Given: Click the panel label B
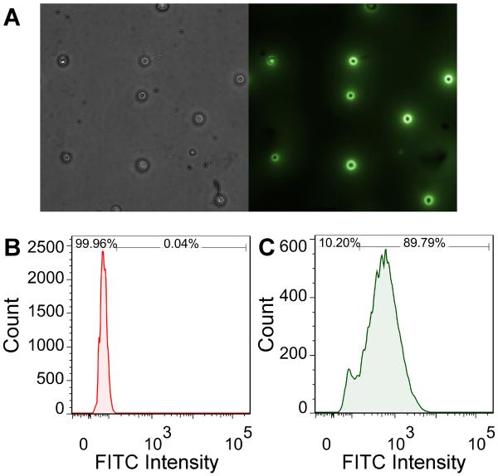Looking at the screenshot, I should (x=12, y=247).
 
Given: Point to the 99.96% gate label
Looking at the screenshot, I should (x=96, y=244).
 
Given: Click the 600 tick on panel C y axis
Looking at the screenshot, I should (x=296, y=247).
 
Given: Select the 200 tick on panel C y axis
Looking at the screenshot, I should (x=296, y=355).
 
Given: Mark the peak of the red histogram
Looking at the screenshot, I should (x=102, y=252).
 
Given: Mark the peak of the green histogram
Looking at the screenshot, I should (x=386, y=250).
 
